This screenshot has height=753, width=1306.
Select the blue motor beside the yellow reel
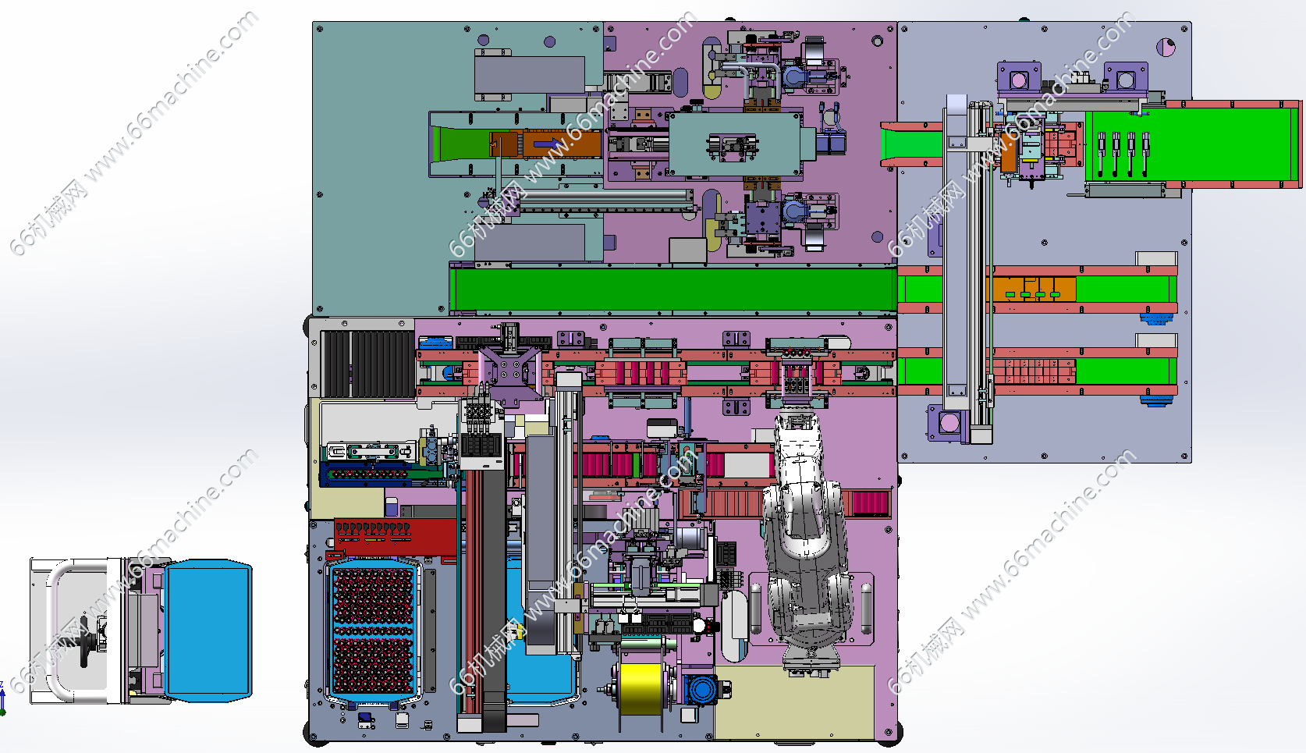[x=700, y=690]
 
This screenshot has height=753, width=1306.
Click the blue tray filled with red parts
[x=373, y=629]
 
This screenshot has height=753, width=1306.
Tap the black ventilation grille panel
[x=367, y=364]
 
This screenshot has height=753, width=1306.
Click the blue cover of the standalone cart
[x=209, y=630]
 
